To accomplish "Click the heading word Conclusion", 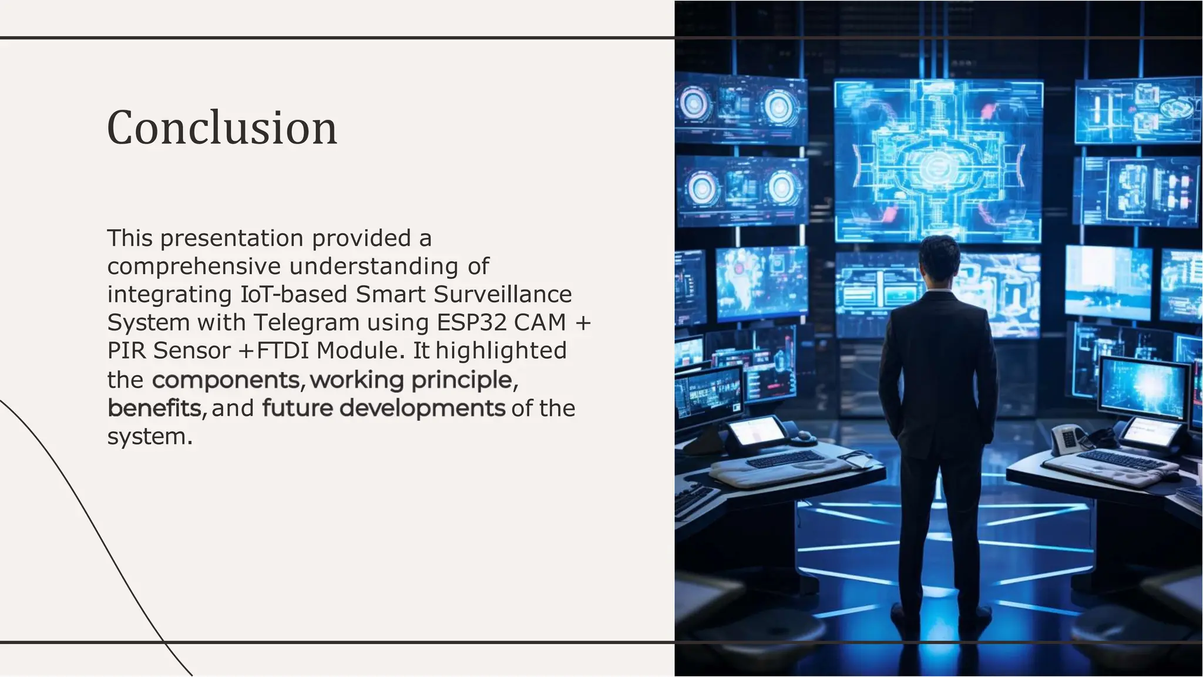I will point(222,128).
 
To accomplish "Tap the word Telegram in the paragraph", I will point(306,322).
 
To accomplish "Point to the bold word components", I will point(226,380).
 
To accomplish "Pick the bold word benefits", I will point(154,408).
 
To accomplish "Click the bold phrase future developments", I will point(383,408).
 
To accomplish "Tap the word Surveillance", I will point(502,294).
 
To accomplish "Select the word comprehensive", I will point(194,267).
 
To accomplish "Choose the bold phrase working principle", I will point(411,380).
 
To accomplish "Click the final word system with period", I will point(149,436).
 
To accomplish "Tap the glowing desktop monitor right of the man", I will point(1143,388).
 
